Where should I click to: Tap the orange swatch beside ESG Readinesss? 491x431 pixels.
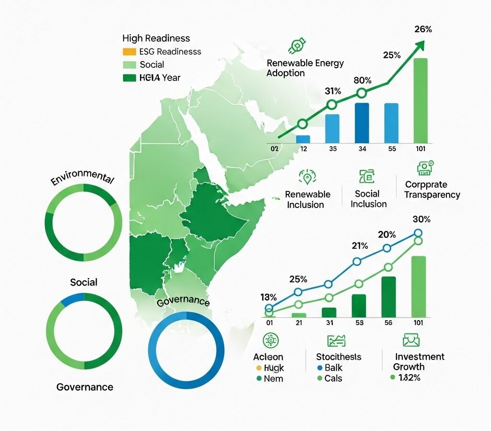[x=129, y=52]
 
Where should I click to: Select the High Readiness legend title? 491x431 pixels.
[x=156, y=38]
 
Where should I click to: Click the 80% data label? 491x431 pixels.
[x=362, y=80]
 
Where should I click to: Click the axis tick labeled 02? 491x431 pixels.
[x=274, y=149]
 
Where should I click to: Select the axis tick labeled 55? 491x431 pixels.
[x=392, y=149]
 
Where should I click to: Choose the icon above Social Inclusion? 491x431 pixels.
[x=367, y=176]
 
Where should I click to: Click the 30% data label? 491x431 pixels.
[x=421, y=219]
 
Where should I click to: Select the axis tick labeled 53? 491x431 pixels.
[x=359, y=323]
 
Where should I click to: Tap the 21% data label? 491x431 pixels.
[x=359, y=246]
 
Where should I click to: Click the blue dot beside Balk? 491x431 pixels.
[x=320, y=368]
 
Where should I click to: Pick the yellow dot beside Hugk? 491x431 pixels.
[x=259, y=368]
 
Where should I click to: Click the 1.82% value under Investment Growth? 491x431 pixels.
[x=406, y=377]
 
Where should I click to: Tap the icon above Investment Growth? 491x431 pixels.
[x=411, y=340]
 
